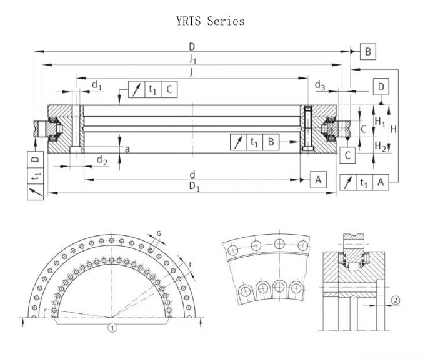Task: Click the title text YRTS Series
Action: tap(211, 21)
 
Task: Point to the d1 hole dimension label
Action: tap(96, 84)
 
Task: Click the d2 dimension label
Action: tap(101, 162)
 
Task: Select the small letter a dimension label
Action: tap(127, 149)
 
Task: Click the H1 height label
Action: tap(379, 122)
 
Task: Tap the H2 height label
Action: tap(379, 146)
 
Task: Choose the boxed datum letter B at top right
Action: tap(368, 51)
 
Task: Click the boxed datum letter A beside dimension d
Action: tap(318, 180)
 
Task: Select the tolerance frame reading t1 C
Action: tap(152, 89)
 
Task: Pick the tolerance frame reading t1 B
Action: tap(254, 142)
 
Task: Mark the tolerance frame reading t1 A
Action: tap(364, 182)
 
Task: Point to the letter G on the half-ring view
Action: tap(159, 233)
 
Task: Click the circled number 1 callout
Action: tap(112, 326)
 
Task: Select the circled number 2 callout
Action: tap(396, 300)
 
